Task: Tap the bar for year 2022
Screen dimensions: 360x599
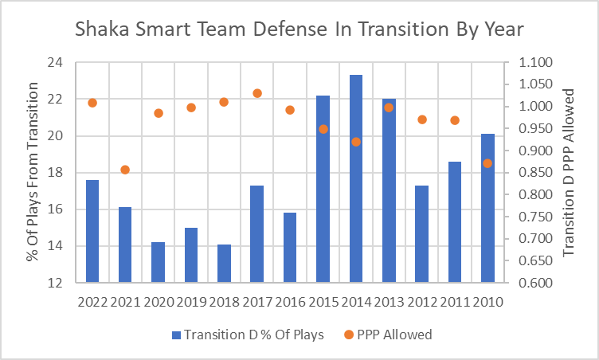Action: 92,231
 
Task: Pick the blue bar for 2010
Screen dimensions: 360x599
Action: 487,208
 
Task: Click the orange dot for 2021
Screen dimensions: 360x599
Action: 125,170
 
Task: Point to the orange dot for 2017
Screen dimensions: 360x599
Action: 257,93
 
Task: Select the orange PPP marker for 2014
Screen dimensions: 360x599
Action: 356,142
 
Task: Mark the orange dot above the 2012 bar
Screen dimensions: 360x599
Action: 422,119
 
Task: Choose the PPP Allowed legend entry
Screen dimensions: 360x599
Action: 390,335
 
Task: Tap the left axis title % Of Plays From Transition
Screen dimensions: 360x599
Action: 33,171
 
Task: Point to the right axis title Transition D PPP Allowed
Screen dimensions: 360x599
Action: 568,171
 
